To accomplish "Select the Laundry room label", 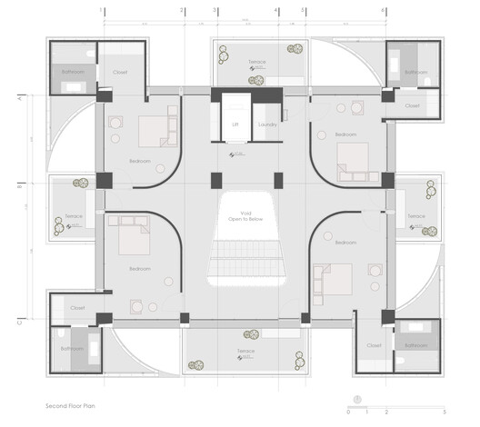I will pyautogui.click(x=267, y=125).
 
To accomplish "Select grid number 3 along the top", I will pyautogui.click(x=215, y=10).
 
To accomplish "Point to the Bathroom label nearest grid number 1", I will pyautogui.click(x=73, y=70).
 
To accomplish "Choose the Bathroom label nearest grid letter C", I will pyautogui.click(x=72, y=347).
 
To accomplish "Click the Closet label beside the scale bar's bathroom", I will pyautogui.click(x=374, y=345).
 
